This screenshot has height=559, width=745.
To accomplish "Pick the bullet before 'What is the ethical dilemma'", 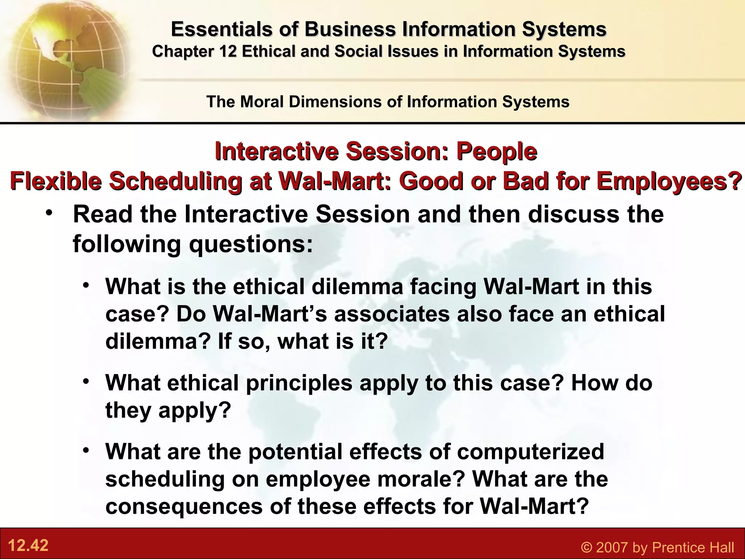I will tap(86, 285).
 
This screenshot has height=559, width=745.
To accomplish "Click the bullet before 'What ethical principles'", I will tap(86, 382).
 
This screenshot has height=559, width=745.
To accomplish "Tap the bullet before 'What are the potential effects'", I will tap(86, 451).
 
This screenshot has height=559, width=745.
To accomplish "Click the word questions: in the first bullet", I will tap(251, 244).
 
